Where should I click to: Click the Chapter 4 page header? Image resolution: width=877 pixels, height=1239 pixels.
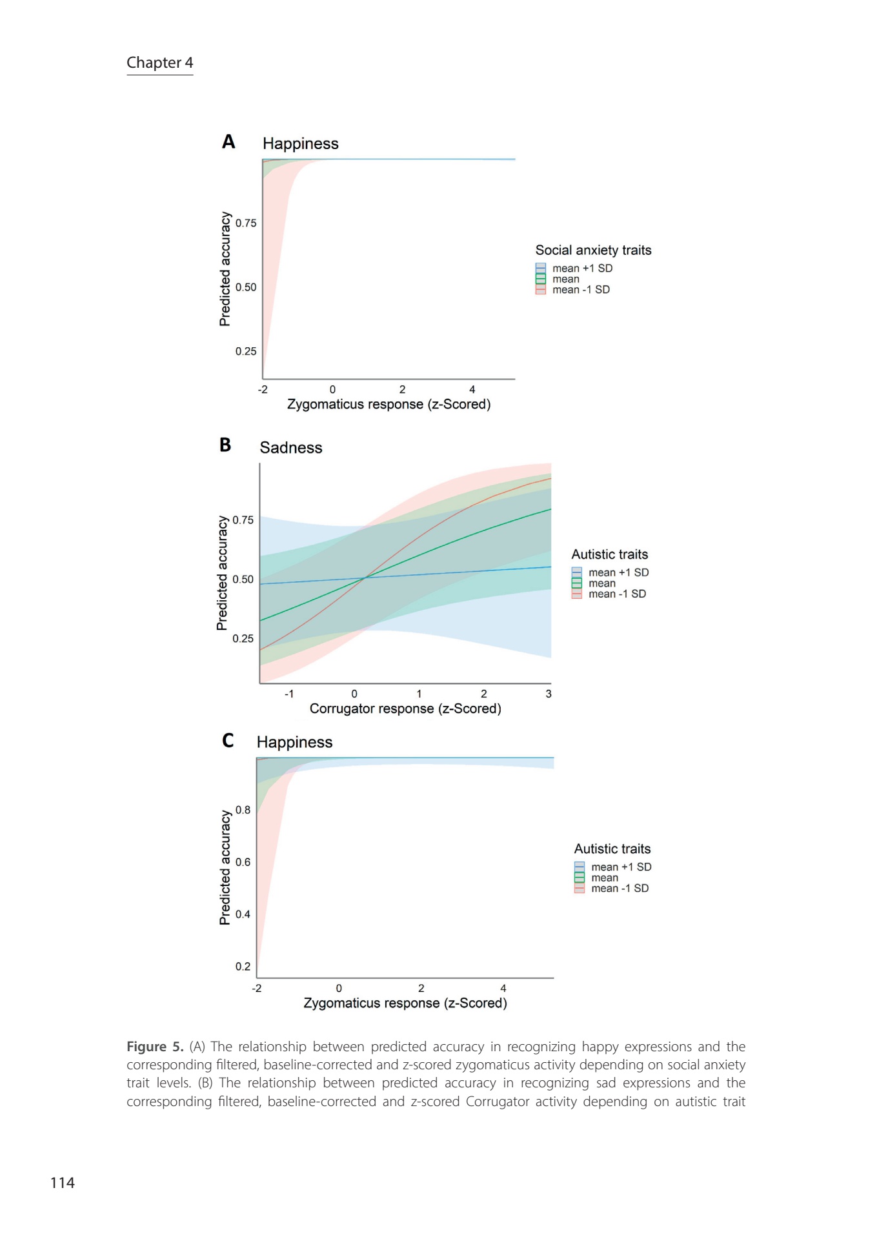pyautogui.click(x=159, y=63)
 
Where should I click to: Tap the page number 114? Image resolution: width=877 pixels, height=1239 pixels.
pyautogui.click(x=63, y=1183)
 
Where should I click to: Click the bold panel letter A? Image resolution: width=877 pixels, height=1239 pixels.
pyautogui.click(x=228, y=142)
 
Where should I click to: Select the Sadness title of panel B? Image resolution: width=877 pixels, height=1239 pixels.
pyautogui.click(x=290, y=448)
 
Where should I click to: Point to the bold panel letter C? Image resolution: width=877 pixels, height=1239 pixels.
pyautogui.click(x=228, y=740)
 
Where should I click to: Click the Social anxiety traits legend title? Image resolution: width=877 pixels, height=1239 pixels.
pyautogui.click(x=593, y=250)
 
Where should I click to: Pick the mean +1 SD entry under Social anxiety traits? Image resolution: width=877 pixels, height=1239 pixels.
pyautogui.click(x=582, y=268)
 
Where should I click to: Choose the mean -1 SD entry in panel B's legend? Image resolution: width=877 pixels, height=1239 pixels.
pyautogui.click(x=617, y=594)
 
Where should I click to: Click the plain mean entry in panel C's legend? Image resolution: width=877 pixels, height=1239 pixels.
pyautogui.click(x=605, y=878)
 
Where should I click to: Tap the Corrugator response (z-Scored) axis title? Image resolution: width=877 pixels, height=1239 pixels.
pyautogui.click(x=405, y=709)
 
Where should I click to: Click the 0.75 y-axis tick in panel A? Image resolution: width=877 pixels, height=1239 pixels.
pyautogui.click(x=246, y=223)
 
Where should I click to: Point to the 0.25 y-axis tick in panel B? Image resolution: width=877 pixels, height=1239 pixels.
pyautogui.click(x=243, y=639)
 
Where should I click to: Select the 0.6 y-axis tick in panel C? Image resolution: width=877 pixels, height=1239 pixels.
pyautogui.click(x=243, y=862)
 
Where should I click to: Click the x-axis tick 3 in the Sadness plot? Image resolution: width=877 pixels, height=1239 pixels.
pyautogui.click(x=549, y=694)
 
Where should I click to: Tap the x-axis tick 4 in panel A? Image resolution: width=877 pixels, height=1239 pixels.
pyautogui.click(x=472, y=390)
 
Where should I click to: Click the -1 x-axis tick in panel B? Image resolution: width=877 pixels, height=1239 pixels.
pyautogui.click(x=289, y=694)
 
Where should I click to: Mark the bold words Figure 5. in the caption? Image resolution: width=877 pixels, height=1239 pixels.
pyautogui.click(x=155, y=1047)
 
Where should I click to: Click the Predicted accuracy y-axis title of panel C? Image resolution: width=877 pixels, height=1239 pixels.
pyautogui.click(x=225, y=868)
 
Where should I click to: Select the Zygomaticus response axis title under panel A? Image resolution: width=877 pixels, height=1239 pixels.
pyautogui.click(x=388, y=405)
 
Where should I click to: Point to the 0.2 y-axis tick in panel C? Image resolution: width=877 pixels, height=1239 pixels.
pyautogui.click(x=243, y=967)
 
